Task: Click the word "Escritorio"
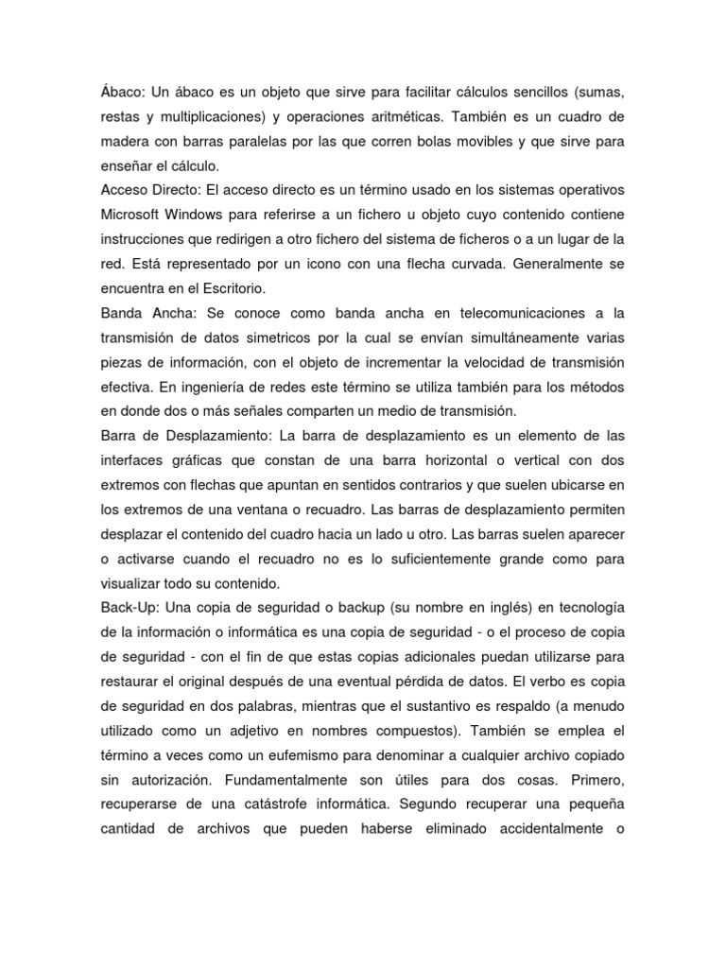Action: click(x=226, y=287)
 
